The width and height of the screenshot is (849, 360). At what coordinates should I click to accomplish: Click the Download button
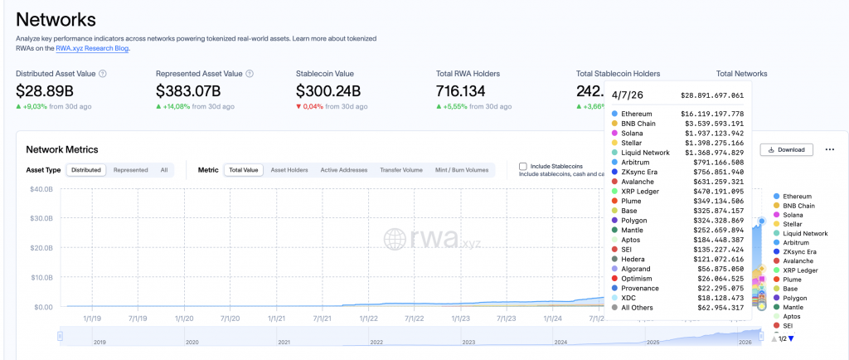click(x=787, y=150)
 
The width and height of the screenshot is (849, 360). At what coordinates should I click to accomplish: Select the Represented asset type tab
click(x=131, y=170)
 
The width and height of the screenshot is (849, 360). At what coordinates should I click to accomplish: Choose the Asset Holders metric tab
click(x=289, y=170)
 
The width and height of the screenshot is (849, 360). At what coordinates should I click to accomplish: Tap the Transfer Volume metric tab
click(x=401, y=170)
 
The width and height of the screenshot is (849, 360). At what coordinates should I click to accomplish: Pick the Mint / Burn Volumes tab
click(x=462, y=170)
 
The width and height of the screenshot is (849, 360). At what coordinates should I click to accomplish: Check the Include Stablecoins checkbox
click(x=523, y=167)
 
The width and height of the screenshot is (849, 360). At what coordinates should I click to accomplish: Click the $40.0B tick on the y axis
click(x=41, y=189)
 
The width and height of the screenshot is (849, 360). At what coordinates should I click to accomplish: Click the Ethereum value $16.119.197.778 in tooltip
click(x=712, y=114)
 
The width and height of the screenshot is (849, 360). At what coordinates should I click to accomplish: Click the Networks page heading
click(x=56, y=19)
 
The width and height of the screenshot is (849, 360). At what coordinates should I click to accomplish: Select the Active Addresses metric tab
click(x=343, y=170)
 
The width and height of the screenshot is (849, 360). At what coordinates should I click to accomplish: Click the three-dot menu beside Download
click(x=829, y=150)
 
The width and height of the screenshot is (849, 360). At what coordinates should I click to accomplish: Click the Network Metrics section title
click(x=62, y=149)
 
